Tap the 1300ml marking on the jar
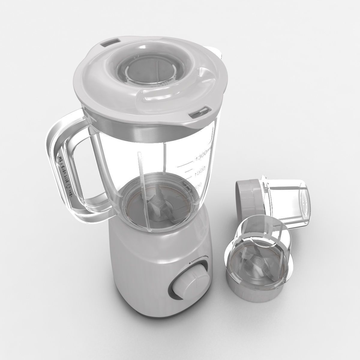pos(203,156)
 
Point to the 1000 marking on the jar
pos(200,169)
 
